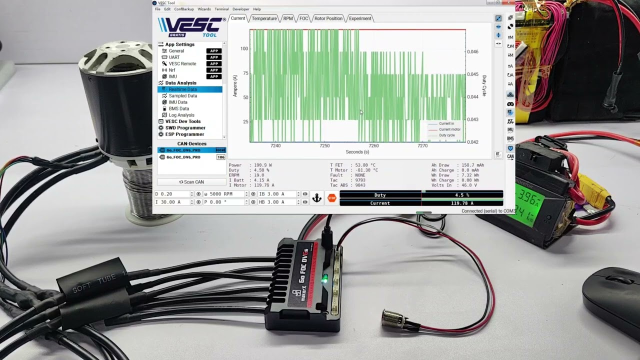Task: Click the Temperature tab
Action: point(264,18)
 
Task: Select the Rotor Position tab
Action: point(328,18)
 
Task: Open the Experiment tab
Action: point(360,18)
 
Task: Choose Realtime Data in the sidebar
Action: point(182,89)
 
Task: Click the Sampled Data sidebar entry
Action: point(182,96)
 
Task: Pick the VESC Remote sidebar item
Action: point(182,64)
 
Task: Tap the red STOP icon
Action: point(332,198)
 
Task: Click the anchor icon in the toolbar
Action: point(316,198)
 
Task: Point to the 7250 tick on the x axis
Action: point(324,146)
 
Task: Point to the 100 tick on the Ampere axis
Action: point(244,48)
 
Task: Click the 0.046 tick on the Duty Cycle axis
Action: point(472,51)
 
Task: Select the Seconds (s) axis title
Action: point(357,152)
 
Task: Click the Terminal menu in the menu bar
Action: point(221,9)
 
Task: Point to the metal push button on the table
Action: point(392,318)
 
